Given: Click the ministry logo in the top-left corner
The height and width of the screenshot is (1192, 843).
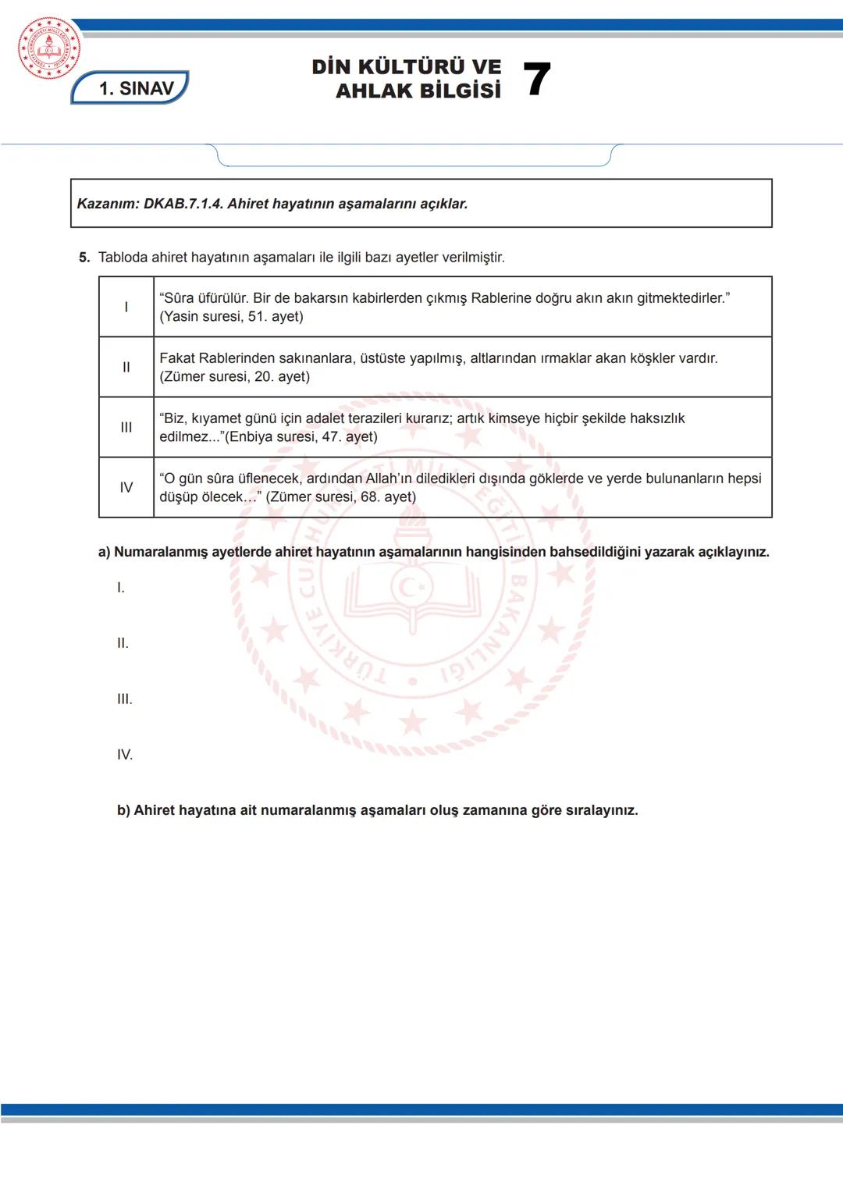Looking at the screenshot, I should click(49, 48).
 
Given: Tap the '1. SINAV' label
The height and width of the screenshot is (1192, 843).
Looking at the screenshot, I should click(136, 88).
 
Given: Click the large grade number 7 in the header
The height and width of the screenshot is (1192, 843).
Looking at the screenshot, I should click(536, 79).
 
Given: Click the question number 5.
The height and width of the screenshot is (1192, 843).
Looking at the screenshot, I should click(84, 258).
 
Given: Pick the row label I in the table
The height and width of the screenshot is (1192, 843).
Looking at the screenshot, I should click(126, 307).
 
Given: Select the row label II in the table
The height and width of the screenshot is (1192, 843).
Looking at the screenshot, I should click(126, 367).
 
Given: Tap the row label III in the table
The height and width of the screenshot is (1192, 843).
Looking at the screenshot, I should click(126, 427).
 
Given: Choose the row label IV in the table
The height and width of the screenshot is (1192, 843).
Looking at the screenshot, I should click(126, 487).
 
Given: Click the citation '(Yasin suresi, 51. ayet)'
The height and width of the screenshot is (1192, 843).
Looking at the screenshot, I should click(231, 317).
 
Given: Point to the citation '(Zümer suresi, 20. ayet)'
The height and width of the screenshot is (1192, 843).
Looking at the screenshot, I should click(234, 377).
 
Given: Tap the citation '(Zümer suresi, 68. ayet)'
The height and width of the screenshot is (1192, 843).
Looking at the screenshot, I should click(341, 497).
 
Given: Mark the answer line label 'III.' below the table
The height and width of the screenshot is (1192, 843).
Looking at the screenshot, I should click(125, 699).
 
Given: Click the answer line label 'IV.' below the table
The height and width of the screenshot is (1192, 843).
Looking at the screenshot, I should click(125, 755).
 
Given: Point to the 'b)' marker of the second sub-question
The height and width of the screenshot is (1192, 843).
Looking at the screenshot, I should click(124, 810).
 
